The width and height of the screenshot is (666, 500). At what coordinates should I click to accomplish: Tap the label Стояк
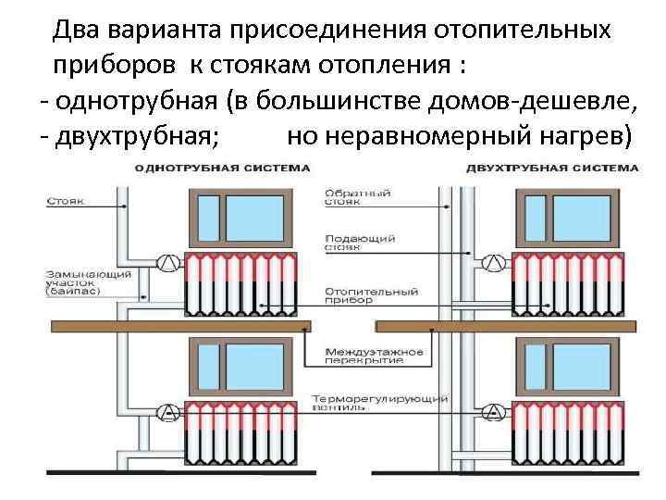pos(70,198)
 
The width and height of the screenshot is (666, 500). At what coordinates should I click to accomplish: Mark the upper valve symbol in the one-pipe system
pos(167,262)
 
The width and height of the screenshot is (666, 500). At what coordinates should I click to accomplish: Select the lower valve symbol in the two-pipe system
pos(495,412)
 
